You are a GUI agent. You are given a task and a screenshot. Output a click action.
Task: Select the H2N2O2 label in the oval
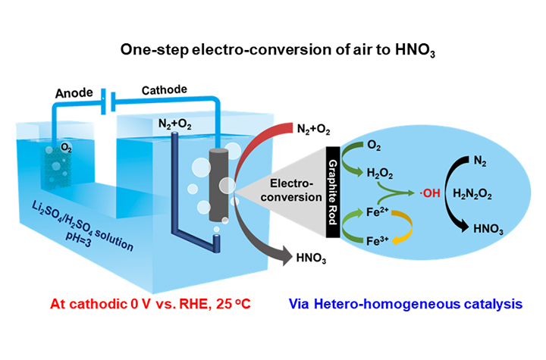[x=471, y=196]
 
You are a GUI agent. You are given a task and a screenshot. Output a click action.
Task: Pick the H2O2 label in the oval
[x=379, y=174]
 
